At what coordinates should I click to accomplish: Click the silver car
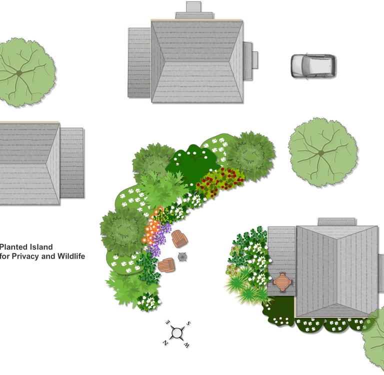coord(313,66)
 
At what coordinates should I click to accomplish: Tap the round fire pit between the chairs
coord(182,256)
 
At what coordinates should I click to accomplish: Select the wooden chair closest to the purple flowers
coord(179,239)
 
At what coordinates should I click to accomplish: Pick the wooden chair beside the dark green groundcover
coord(166,265)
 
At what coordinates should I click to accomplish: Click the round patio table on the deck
coord(282,282)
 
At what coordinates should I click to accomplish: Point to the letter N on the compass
coord(165,342)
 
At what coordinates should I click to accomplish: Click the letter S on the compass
coord(188,323)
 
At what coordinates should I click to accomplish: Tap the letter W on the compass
coord(186,345)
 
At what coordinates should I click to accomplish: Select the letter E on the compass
coord(168,322)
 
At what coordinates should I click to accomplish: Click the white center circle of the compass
coord(177,333)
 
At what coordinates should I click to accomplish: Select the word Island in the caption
coord(41,247)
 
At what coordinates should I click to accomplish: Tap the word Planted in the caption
coord(14,247)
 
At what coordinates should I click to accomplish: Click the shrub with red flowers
coord(219,181)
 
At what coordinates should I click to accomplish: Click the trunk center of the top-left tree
coord(19,73)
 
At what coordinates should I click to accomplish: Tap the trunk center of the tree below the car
coord(321,153)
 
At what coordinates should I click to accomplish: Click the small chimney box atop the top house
coord(193,7)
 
